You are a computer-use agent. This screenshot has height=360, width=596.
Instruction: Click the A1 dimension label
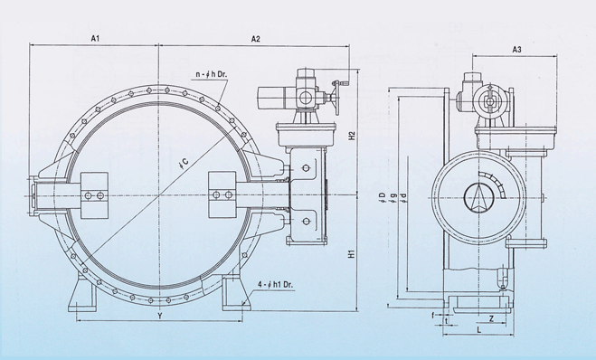point(95,38)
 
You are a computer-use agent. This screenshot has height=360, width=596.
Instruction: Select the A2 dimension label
point(256,39)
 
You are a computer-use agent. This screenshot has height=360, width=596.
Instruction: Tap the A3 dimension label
point(516,50)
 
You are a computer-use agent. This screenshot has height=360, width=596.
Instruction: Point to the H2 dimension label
point(352,136)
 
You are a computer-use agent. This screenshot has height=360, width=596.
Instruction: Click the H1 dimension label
point(352,254)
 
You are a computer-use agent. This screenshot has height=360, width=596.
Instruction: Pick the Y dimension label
point(160,316)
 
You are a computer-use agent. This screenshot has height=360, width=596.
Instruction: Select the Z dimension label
point(491,318)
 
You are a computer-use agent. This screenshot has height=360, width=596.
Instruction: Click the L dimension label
point(479,329)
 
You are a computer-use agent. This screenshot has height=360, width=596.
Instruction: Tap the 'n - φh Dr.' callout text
point(212,74)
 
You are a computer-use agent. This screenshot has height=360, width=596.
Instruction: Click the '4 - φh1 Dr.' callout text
point(276,284)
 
